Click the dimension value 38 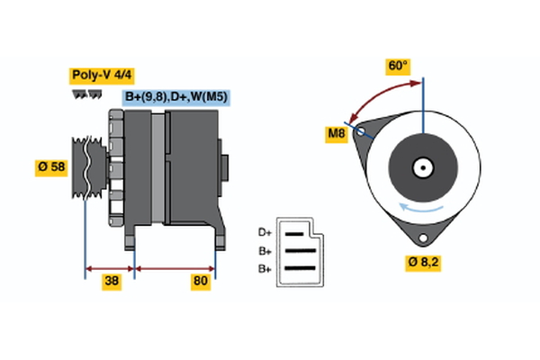coord(112,282)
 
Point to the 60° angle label coord(398,66)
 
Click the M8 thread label coord(336,135)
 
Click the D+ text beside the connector coord(265,233)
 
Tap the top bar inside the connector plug coord(297,233)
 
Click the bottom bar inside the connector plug coord(301,267)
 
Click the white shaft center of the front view coord(422,167)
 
